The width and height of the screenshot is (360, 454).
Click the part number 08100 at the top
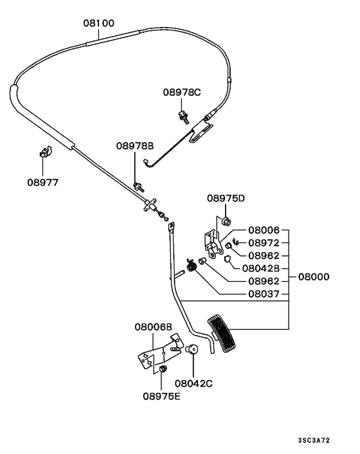pyautogui.click(x=98, y=23)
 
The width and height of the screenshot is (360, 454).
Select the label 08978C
pyautogui.click(x=181, y=93)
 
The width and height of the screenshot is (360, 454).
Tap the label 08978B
pyautogui.click(x=135, y=146)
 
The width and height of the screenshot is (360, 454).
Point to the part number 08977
pyautogui.click(x=42, y=182)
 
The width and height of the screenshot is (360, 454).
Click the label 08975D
pyautogui.click(x=226, y=198)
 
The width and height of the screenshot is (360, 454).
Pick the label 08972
pyautogui.click(x=264, y=242)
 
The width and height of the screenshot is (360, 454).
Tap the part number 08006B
pyautogui.click(x=154, y=327)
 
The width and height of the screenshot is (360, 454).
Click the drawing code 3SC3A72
pyautogui.click(x=314, y=440)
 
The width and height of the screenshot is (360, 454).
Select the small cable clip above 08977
pyautogui.click(x=44, y=153)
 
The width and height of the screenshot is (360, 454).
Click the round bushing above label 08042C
pyautogui.click(x=191, y=350)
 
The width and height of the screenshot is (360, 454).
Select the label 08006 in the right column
pyautogui.click(x=264, y=230)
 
